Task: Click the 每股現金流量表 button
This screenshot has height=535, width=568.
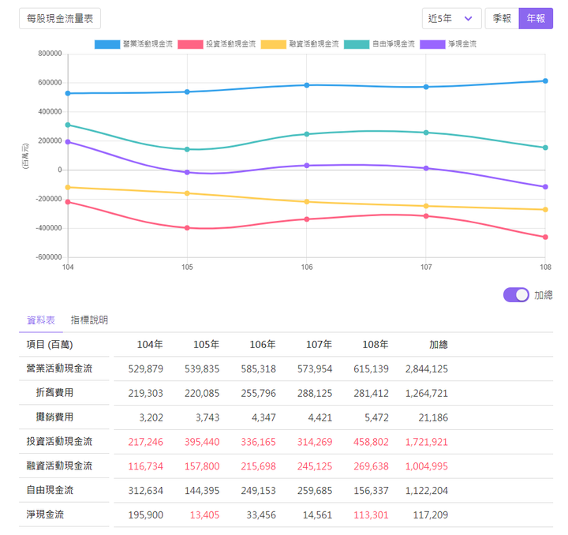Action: coord(59,17)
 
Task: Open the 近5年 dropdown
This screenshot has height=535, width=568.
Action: coord(451,17)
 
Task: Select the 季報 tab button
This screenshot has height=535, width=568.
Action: coord(502,17)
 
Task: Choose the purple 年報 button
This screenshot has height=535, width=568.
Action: coord(536,17)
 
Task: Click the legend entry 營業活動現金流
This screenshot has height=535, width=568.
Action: coord(133,43)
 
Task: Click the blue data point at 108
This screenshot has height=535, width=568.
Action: coord(545,80)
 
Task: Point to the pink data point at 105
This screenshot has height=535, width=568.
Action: coord(187,227)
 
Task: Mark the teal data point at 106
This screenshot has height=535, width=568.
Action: coord(307,134)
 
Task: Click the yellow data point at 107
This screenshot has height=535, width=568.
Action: coord(426,206)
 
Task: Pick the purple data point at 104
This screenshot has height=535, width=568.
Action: coord(68,142)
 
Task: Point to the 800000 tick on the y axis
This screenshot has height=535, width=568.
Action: coord(49,54)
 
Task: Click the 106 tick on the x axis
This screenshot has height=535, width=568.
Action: coord(307,267)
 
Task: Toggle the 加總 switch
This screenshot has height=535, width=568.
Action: coord(517,294)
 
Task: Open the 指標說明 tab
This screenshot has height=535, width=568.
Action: coord(89,320)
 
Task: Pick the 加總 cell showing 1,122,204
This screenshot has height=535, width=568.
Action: coord(427,490)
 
